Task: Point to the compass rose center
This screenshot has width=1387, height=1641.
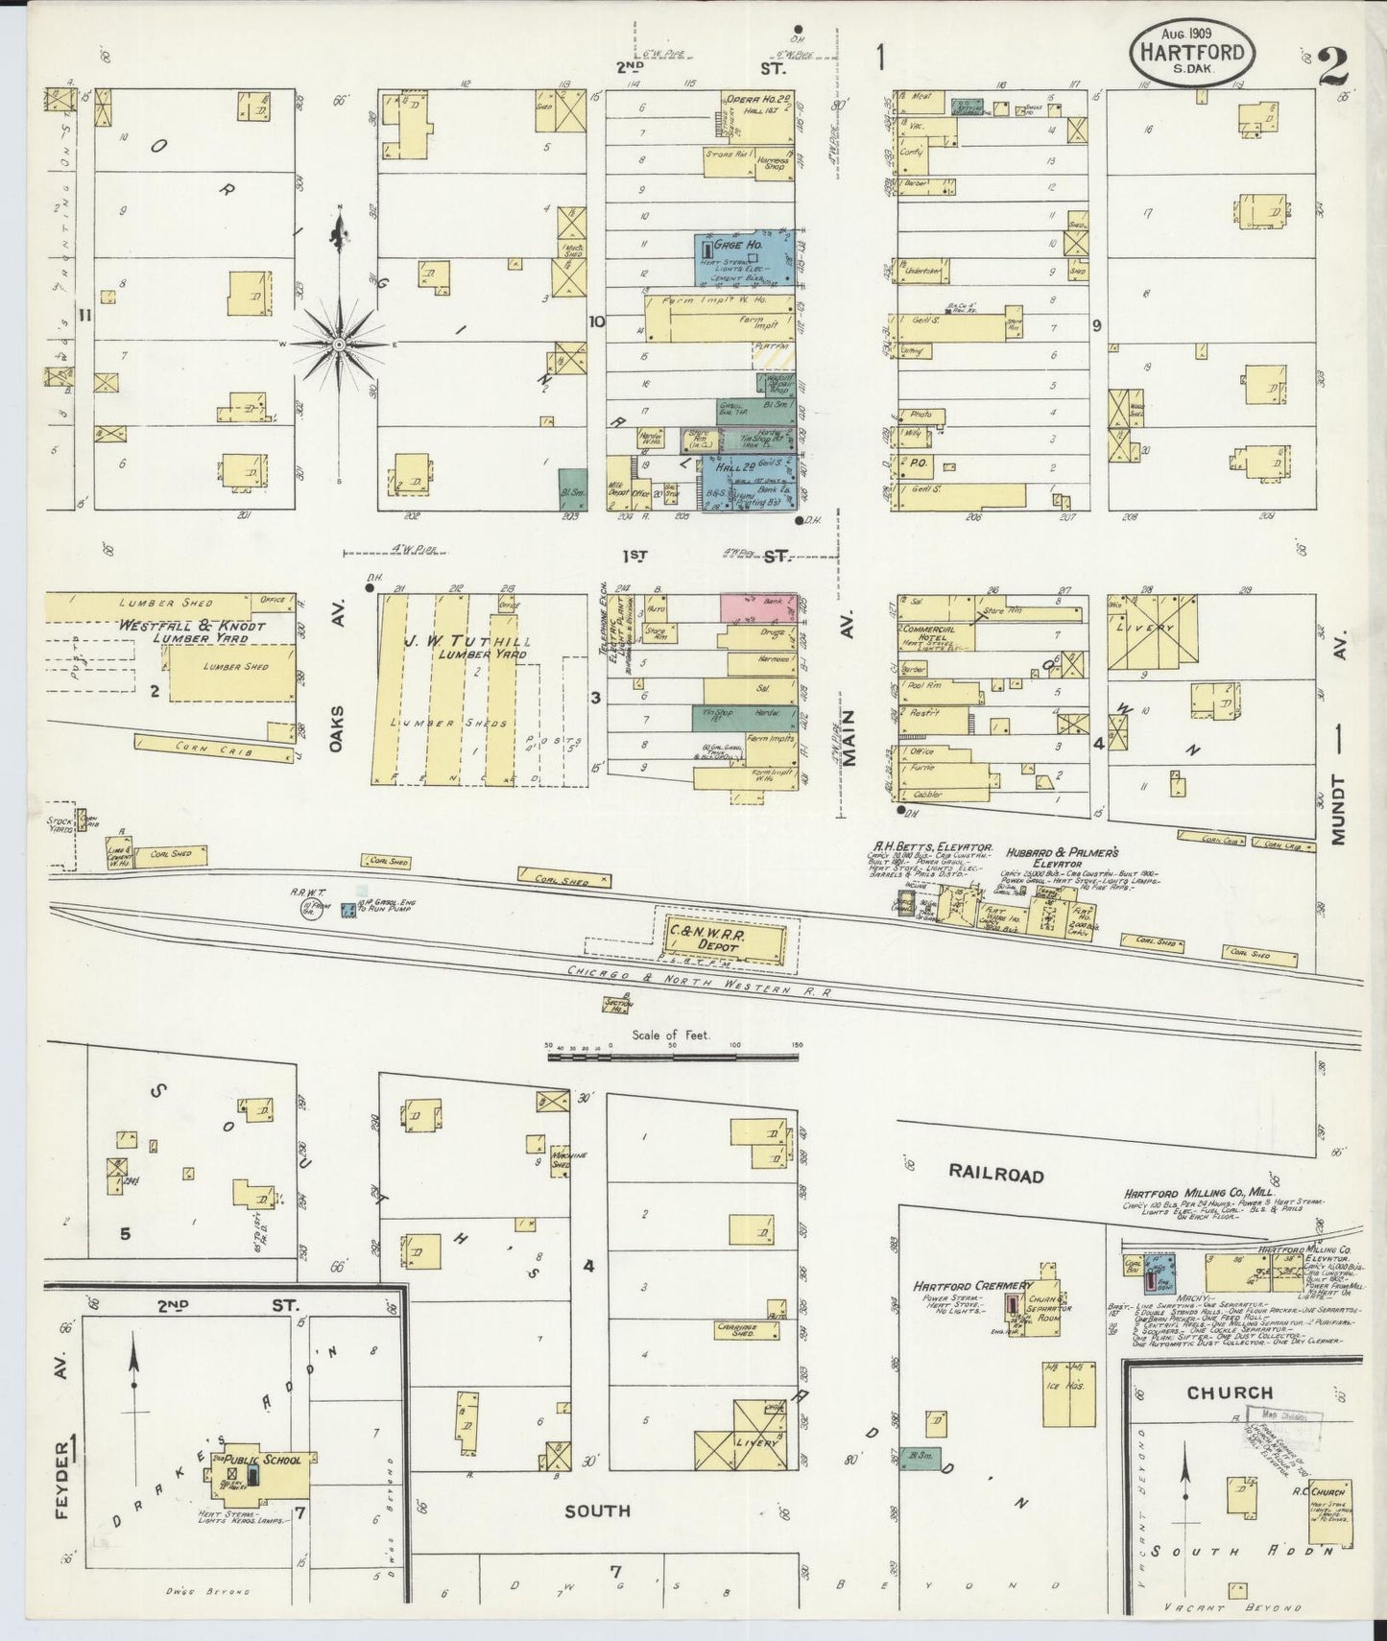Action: coord(339,344)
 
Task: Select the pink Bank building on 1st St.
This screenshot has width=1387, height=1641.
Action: coord(758,606)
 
